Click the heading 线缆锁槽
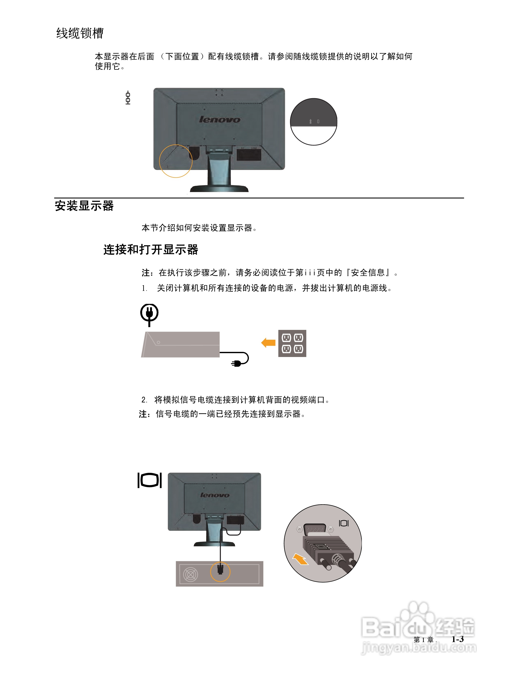coord(80,33)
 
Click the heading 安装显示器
coord(84,206)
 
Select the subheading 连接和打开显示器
coord(151,249)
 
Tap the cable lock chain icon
coord(128,98)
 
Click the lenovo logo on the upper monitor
coord(219,119)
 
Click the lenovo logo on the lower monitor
coord(215,495)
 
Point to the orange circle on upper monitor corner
coord(176,161)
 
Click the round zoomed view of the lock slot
coord(313,122)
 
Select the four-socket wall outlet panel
coord(292,343)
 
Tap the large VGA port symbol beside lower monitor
coord(149,480)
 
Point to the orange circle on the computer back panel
coord(220,571)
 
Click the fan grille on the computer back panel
coord(190,575)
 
